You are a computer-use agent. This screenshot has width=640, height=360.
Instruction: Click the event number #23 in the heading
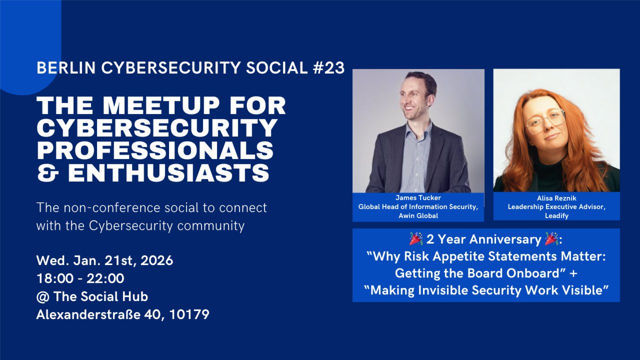[x=329, y=68]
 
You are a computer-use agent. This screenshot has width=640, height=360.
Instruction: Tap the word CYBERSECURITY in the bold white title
[x=157, y=128]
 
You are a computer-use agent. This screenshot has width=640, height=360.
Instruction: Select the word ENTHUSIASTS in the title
[x=169, y=172]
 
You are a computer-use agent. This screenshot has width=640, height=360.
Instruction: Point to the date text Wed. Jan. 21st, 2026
[x=104, y=260]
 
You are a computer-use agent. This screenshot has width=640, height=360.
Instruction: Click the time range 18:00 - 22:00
[x=80, y=278]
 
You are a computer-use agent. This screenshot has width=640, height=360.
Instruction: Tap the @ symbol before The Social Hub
[x=42, y=296]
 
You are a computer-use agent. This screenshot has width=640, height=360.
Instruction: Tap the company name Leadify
[x=556, y=215]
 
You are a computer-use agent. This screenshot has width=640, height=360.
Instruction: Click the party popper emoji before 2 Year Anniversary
[x=416, y=239]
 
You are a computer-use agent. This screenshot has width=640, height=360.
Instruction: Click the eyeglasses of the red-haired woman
[x=545, y=120]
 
